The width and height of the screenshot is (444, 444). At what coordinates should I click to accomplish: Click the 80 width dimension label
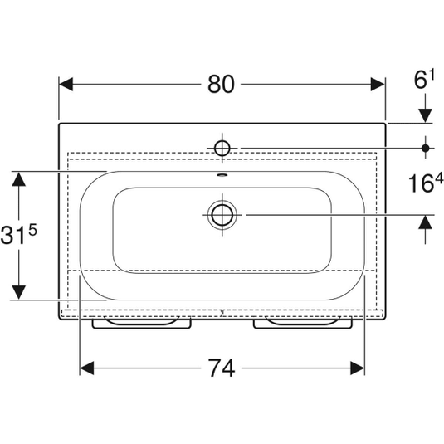(221, 84)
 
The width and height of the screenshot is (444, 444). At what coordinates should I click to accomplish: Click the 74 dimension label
(222, 368)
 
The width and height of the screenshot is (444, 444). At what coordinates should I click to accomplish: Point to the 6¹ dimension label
(424, 80)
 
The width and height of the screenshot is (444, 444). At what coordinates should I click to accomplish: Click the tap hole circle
(222, 148)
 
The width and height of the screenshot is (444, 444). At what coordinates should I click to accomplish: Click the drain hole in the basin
(222, 215)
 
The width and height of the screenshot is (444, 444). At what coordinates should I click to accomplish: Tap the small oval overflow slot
(222, 175)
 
